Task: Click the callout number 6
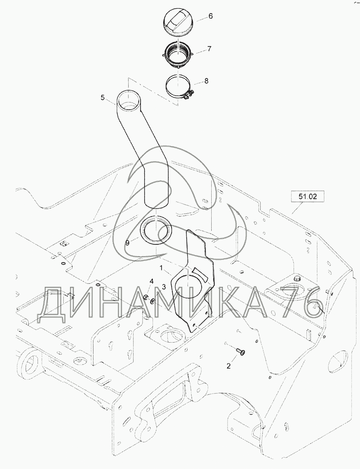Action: pyautogui.click(x=210, y=16)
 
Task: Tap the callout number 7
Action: pyautogui.click(x=209, y=49)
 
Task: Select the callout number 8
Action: pyautogui.click(x=206, y=81)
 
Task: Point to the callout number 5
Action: pyautogui.click(x=103, y=98)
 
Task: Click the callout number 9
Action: pyautogui.click(x=127, y=243)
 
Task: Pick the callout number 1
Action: pyautogui.click(x=161, y=268)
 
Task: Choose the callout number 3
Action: pyautogui.click(x=164, y=287)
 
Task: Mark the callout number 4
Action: pyautogui.click(x=152, y=281)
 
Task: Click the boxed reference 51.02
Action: pyautogui.click(x=308, y=197)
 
